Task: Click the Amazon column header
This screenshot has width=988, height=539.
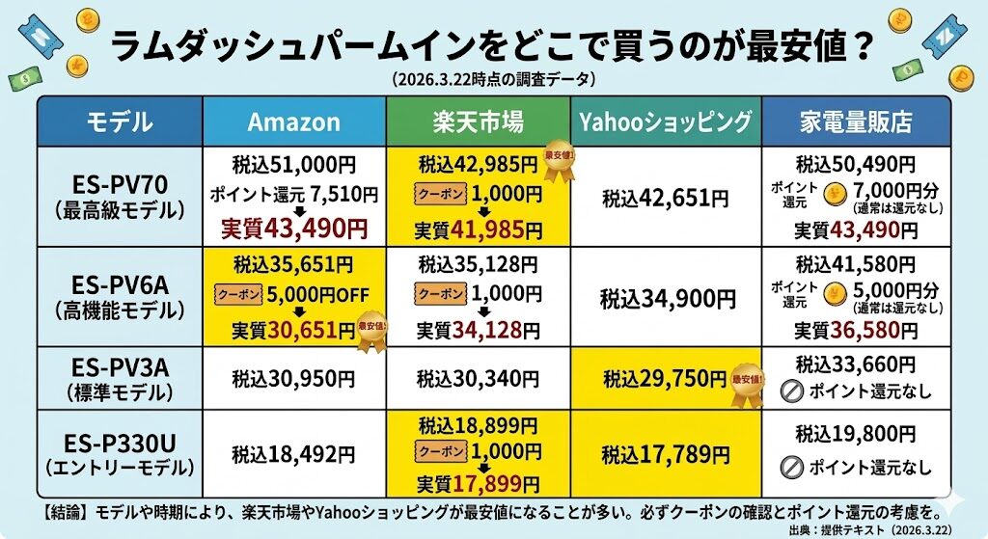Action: [294, 121]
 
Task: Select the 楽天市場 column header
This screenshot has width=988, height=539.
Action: [478, 121]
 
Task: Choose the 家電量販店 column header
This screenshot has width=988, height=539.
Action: [856, 121]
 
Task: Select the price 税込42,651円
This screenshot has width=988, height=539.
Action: [666, 199]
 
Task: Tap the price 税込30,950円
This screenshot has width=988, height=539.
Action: [294, 378]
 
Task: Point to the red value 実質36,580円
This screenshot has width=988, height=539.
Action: [856, 330]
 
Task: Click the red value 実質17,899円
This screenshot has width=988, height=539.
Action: [478, 484]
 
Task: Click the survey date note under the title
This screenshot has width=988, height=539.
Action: [493, 77]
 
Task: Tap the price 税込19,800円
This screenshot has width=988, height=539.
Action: [856, 435]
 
